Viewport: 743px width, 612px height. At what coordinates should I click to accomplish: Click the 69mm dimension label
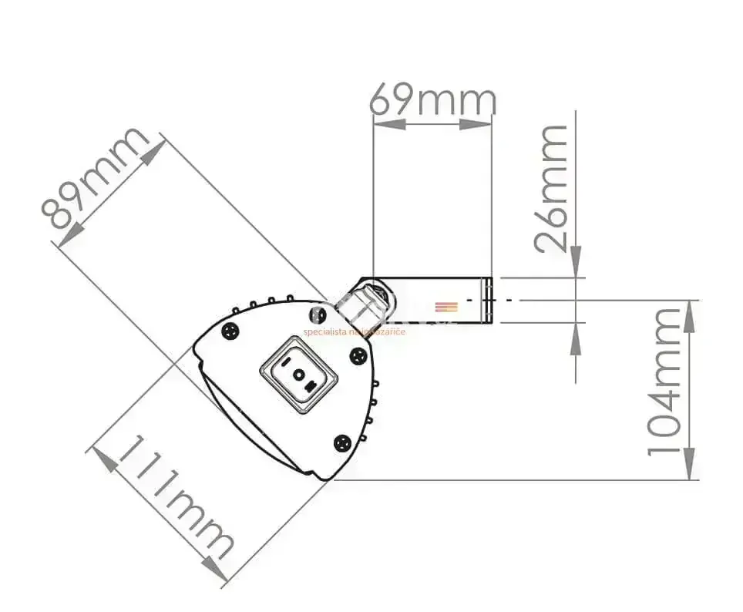[432, 99]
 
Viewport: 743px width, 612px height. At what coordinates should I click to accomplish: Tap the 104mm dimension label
[664, 381]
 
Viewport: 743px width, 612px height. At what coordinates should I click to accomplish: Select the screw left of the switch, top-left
[229, 331]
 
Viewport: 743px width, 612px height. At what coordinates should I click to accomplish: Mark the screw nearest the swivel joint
[318, 314]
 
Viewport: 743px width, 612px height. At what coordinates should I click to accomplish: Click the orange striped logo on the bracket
[446, 307]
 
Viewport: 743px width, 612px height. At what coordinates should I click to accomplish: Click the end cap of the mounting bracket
[486, 300]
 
